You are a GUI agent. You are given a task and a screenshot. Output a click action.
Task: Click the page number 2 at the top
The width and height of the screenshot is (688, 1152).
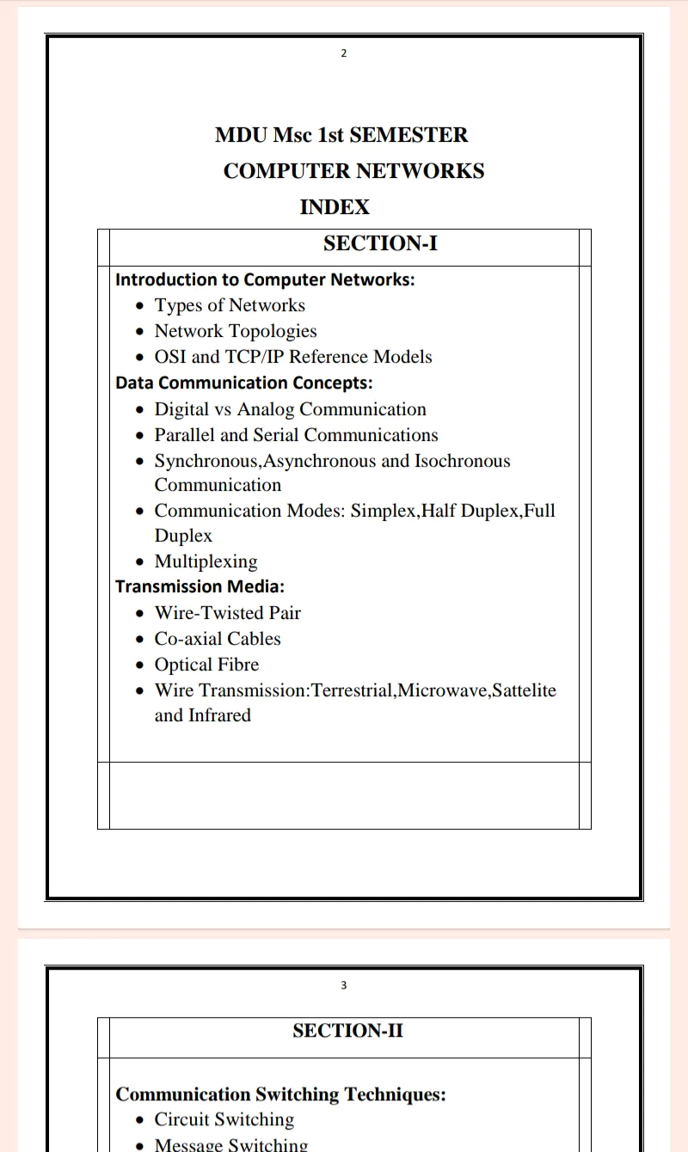[x=344, y=53]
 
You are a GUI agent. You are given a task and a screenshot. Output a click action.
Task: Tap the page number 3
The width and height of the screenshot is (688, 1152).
[x=344, y=985]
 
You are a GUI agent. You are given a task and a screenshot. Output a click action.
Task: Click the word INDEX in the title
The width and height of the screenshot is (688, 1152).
[x=335, y=207]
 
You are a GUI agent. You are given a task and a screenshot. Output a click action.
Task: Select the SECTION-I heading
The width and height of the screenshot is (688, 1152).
[x=380, y=244]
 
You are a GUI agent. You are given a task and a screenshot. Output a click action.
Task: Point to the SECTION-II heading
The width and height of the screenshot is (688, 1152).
[x=347, y=1031]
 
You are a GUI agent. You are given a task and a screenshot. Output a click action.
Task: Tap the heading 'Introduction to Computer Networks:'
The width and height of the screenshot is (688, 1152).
[x=265, y=279]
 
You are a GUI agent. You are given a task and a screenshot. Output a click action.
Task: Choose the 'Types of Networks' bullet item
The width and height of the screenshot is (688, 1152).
[x=230, y=305]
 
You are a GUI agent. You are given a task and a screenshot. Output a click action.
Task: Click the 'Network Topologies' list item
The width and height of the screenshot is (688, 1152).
[x=236, y=331]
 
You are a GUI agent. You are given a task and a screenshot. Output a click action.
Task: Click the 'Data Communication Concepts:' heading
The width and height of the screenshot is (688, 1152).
[x=244, y=383]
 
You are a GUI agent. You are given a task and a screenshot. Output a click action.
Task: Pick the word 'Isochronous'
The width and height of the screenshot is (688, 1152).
[x=463, y=461]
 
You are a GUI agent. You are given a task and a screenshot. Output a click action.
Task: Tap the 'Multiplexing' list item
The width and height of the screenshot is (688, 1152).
[x=206, y=561]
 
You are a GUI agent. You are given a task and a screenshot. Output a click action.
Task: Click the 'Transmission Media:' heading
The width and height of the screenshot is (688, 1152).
[x=200, y=586]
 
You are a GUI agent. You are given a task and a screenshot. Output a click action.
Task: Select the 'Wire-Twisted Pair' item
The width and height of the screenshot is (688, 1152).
[x=227, y=613]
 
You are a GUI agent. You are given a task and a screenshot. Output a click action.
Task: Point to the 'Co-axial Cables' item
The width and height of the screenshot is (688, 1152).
[x=218, y=639]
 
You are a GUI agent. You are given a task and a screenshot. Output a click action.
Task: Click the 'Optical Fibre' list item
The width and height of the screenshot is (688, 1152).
[x=206, y=665]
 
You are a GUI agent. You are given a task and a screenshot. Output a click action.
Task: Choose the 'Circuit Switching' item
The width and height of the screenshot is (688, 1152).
[x=224, y=1119]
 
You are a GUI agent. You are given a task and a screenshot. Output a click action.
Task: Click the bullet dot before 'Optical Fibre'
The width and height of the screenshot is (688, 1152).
[x=141, y=665]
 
